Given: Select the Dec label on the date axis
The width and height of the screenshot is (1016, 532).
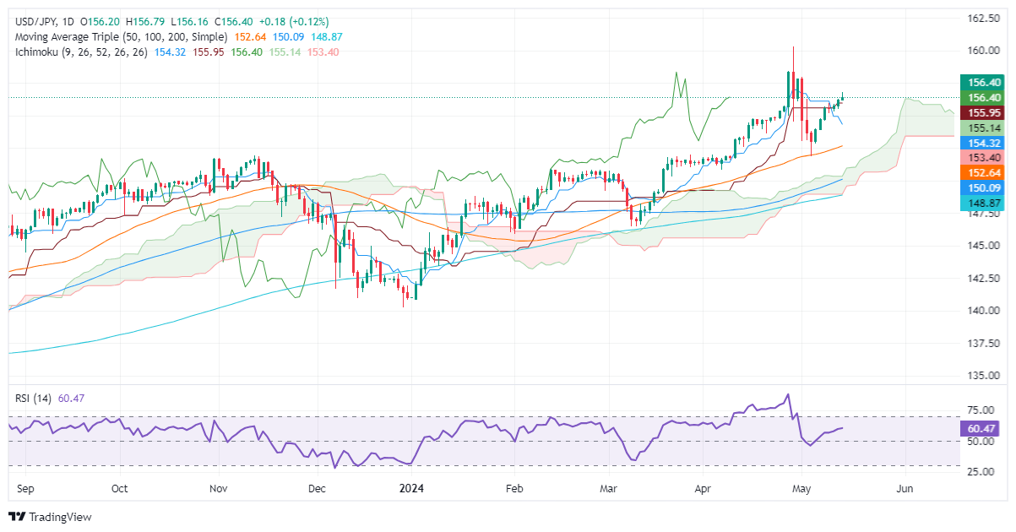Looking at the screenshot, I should pos(318,489).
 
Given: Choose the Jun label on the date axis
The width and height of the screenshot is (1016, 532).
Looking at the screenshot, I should pos(905,489).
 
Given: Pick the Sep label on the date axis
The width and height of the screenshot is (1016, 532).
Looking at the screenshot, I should pos(24,489).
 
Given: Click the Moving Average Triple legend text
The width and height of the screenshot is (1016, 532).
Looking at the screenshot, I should pos(119,37).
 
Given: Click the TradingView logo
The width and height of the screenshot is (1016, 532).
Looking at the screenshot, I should pos(50,517).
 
